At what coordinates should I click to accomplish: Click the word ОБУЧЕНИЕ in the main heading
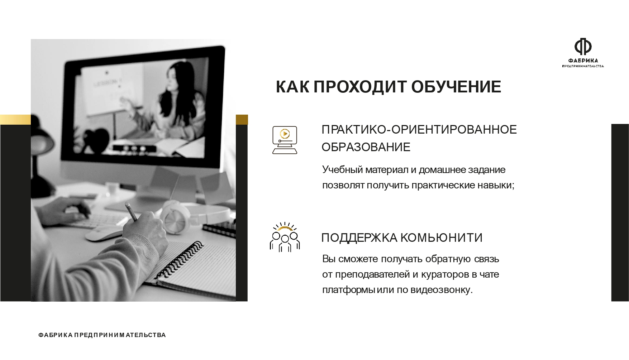tap(456, 87)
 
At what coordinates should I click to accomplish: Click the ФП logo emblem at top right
tap(583, 46)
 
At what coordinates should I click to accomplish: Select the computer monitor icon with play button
tap(285, 140)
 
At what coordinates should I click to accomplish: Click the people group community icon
tap(285, 237)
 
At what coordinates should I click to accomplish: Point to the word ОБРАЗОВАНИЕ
tap(366, 147)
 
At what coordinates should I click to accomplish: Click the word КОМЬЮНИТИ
tap(441, 237)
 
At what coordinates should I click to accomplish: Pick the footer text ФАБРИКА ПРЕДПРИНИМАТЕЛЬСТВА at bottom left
tap(102, 335)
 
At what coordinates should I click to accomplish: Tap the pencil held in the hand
tap(131, 212)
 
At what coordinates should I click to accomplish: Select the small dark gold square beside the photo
tap(242, 120)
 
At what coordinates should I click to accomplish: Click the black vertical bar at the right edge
tap(620, 212)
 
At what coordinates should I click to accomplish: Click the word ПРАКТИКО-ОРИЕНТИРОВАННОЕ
tap(419, 129)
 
